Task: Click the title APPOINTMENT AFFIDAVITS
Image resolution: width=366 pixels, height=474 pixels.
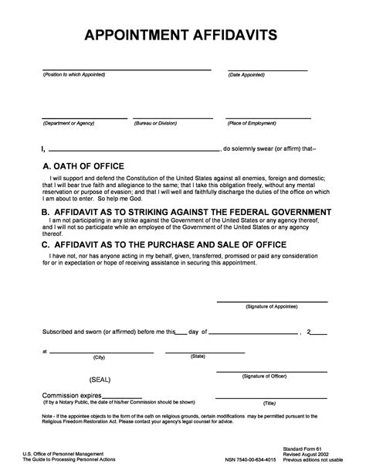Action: tap(182, 36)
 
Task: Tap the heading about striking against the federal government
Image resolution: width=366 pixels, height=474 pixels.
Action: tap(186, 211)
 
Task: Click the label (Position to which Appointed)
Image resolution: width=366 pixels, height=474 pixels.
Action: tap(74, 74)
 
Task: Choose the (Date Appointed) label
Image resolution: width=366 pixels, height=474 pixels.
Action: tap(247, 74)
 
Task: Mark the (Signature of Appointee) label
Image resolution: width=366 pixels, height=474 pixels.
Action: tap(269, 285)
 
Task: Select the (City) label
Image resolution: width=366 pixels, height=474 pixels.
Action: tap(99, 356)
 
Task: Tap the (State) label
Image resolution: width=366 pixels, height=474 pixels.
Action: tap(198, 356)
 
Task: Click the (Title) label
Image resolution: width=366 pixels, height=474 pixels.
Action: tap(269, 403)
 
